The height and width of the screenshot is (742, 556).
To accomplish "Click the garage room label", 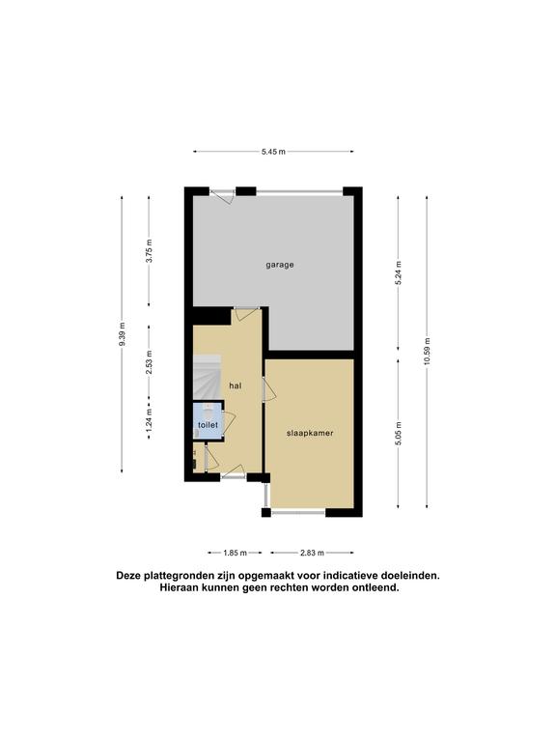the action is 279,265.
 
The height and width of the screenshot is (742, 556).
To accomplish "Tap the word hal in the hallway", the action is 235,385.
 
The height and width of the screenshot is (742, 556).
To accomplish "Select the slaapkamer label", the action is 310,433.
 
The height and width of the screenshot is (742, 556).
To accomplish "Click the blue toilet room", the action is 208,421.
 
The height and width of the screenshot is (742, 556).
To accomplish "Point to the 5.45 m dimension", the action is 273,152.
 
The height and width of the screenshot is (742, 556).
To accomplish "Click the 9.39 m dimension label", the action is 122,334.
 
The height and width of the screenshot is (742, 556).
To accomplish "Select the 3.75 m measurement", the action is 149,251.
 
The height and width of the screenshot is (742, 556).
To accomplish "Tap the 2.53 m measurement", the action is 149,362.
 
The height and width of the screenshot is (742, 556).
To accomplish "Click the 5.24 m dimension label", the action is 398,272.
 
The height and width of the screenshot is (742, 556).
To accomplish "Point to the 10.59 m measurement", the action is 427,351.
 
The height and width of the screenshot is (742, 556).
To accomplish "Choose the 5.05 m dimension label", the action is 398,433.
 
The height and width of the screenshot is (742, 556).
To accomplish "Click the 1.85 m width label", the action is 235,553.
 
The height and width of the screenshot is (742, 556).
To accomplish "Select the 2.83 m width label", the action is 312,553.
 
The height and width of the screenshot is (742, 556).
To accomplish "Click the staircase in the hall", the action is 208,378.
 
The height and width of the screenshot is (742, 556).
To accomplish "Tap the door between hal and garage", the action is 247,314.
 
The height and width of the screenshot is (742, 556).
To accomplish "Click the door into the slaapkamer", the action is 269,389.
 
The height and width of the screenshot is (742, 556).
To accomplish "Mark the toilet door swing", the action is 229,421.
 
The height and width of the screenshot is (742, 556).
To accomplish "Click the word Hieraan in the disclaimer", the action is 177,588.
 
